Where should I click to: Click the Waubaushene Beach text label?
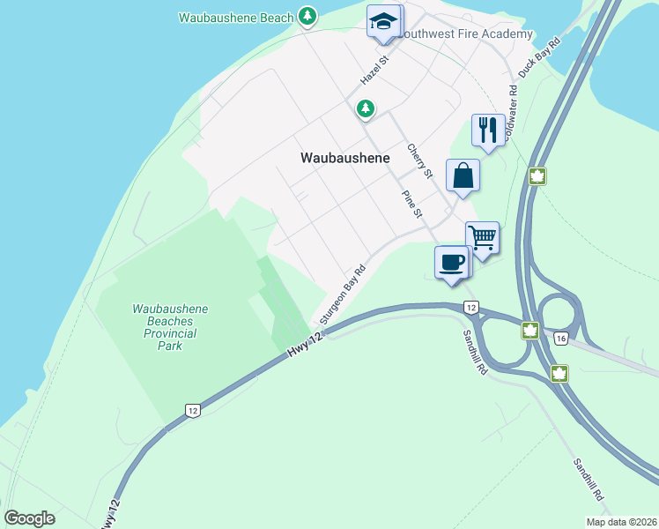pos(235,17)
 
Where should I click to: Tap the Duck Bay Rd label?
pos(540,57)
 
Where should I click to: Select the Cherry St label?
pos(420,160)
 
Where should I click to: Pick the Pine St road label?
pos(412,205)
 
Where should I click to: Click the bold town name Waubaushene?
pos(345,159)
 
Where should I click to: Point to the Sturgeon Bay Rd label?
pos(343,297)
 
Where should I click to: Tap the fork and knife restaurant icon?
pos(488,130)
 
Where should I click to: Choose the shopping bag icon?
pos(463,175)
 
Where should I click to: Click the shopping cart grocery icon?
pos(482,237)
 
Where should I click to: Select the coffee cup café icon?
pos(452,262)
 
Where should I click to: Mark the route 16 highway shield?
pos(560,338)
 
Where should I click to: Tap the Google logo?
pos(30,518)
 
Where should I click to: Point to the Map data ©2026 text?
pos(621,522)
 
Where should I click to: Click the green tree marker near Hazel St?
pos(366,108)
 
